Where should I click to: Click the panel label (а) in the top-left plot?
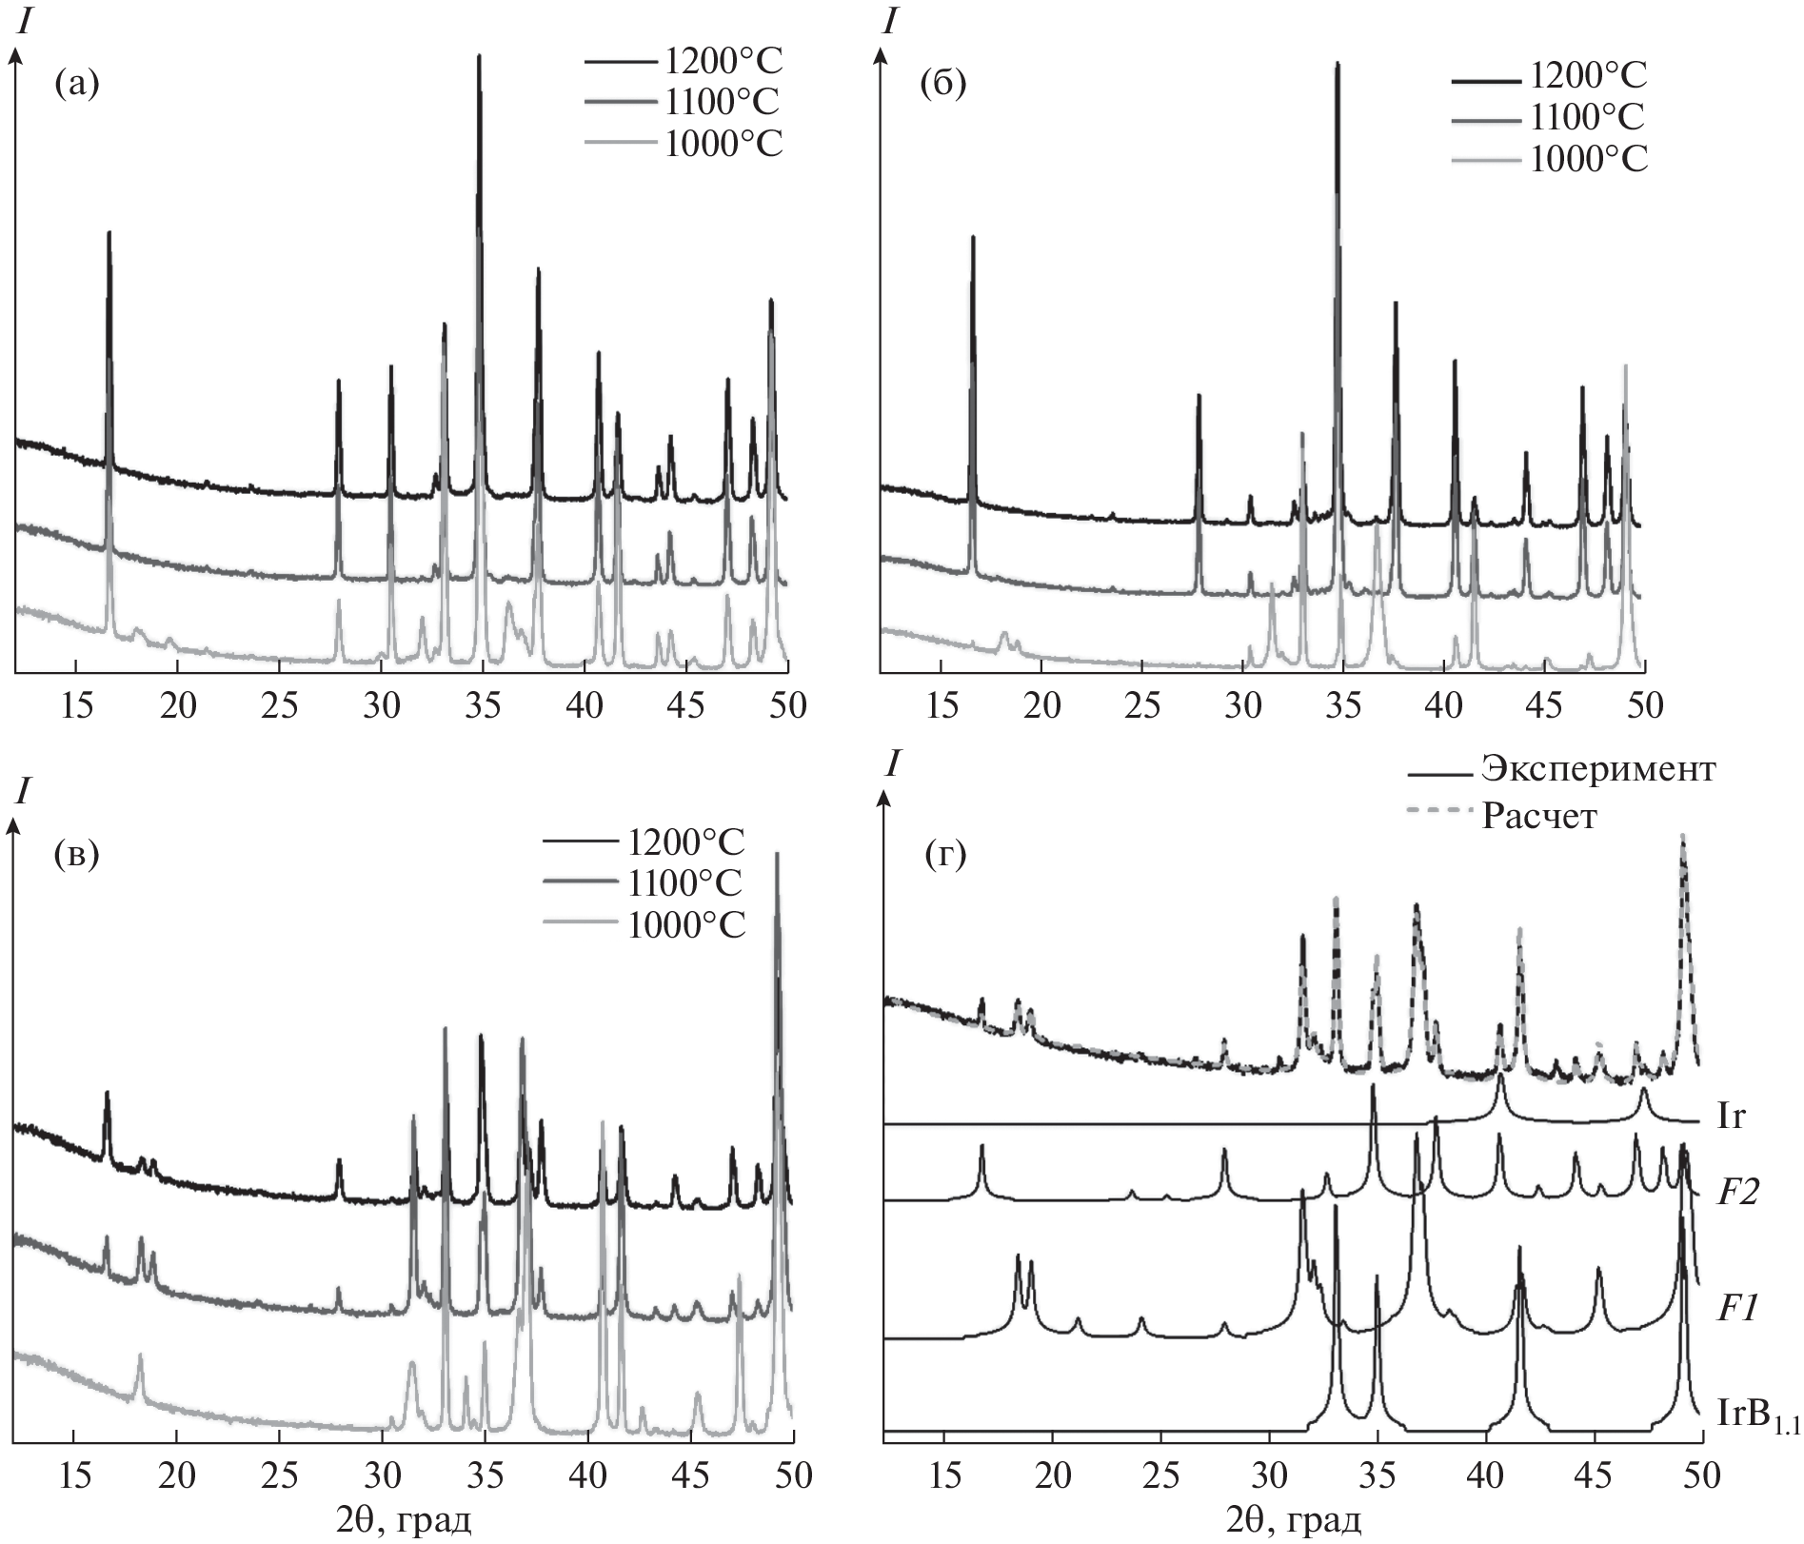point(77,86)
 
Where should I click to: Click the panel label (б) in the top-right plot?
point(942,85)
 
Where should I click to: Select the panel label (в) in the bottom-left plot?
point(77,853)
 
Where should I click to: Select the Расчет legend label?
point(1538,816)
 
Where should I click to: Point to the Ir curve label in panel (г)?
point(1732,1117)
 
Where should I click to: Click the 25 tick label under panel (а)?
point(279,705)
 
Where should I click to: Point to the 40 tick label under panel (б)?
point(1445,705)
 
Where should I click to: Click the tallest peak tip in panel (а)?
point(479,57)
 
